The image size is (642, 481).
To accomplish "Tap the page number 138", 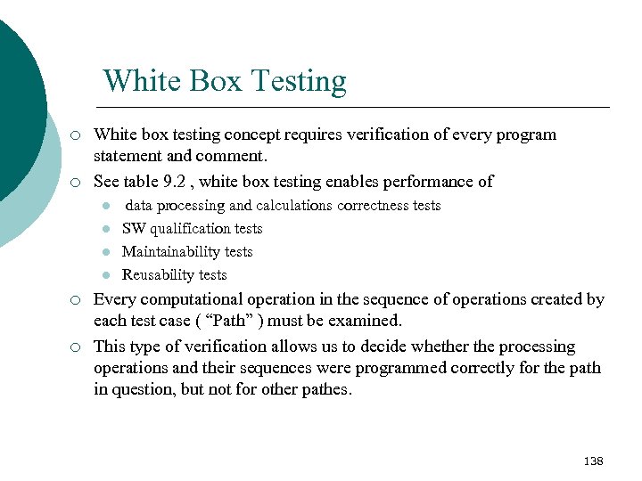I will [593, 461].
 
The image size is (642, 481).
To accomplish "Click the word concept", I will [251, 135].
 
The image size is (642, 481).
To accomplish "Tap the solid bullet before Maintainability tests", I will [105, 252].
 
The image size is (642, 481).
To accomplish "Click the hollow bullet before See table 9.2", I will [77, 183].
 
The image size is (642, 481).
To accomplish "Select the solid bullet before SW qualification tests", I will [105, 229].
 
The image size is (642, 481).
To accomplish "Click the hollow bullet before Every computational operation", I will [77, 300].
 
